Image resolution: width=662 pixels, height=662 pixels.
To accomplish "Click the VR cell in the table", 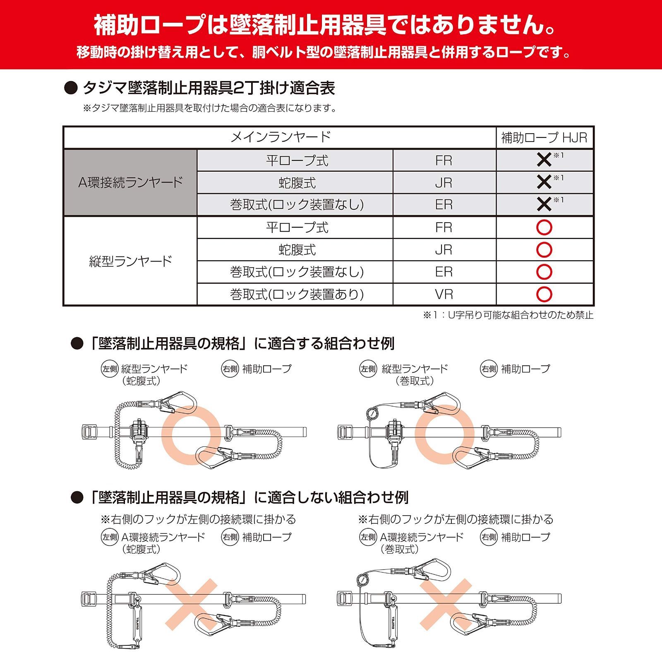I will (444, 294).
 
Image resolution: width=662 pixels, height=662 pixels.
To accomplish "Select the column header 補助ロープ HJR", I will (544, 137).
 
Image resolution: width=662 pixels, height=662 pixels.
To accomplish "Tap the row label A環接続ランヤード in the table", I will (130, 182).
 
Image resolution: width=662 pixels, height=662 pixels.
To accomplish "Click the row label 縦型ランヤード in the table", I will (130, 261).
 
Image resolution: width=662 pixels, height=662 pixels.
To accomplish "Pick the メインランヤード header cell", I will (280, 137).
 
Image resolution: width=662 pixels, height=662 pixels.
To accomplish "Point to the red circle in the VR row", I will (544, 294).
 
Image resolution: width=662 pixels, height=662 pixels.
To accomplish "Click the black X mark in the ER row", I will (544, 204).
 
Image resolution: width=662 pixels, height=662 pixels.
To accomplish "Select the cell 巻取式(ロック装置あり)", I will (297, 294).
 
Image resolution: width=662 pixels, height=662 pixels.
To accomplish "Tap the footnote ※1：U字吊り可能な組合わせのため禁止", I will (508, 315).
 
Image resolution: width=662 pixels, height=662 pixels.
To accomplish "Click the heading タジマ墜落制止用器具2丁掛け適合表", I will (208, 88).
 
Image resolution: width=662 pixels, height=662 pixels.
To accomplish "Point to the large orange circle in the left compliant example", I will (191, 434).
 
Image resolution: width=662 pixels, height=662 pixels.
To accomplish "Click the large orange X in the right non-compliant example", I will (446, 604).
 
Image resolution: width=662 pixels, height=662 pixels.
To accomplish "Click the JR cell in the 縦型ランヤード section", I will (444, 250).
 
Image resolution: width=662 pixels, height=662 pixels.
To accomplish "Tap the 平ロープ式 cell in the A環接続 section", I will (297, 161).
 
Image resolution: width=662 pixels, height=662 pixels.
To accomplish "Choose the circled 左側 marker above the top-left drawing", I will (110, 369).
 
